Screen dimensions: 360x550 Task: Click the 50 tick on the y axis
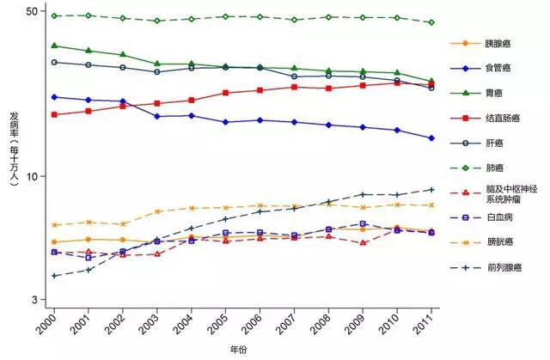pos(34,11)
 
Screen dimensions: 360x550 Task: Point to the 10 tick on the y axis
pos(34,176)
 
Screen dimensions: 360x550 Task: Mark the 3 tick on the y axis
pos(38,300)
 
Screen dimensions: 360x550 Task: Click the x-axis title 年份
pos(238,351)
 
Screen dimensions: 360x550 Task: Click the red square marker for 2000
pos(54,114)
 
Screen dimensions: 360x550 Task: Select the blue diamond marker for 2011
pos(431,138)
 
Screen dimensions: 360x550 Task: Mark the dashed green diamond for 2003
pos(157,21)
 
